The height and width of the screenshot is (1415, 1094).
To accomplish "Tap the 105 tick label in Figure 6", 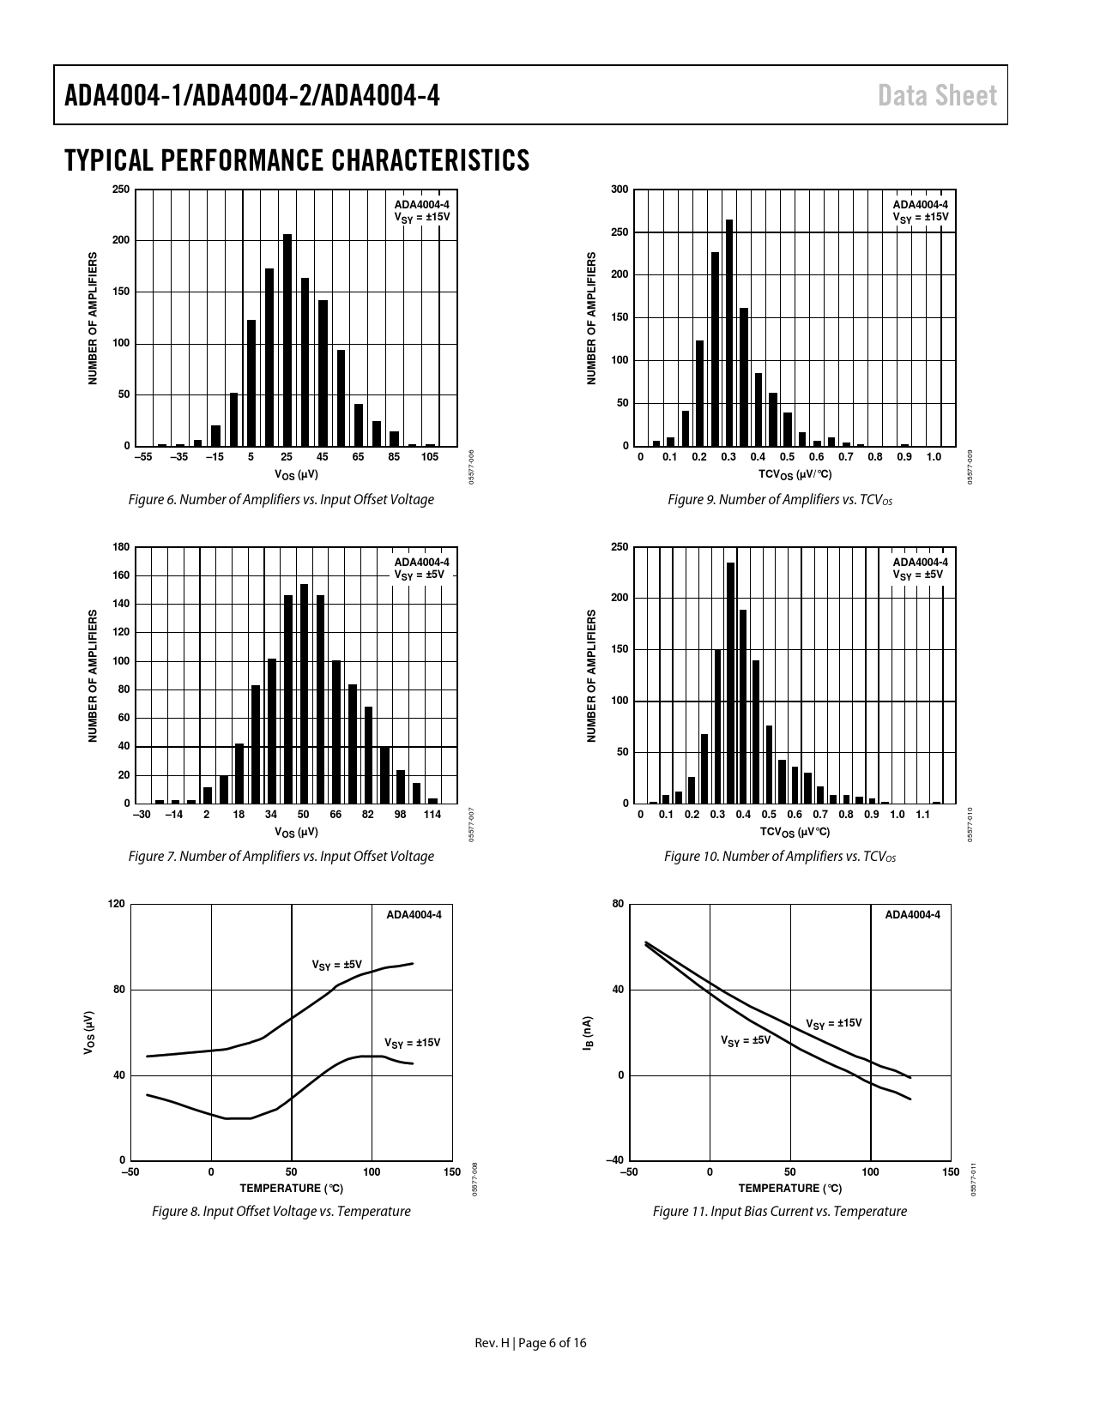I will tap(429, 457).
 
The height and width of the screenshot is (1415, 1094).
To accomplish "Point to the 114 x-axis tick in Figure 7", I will tap(432, 815).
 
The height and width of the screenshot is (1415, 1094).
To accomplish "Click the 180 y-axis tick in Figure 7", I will tap(121, 547).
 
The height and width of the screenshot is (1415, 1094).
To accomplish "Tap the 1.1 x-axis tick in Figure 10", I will tap(922, 815).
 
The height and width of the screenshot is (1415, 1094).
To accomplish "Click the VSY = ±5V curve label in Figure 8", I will tap(337, 965).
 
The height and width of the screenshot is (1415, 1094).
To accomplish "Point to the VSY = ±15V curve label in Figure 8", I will tap(412, 1043).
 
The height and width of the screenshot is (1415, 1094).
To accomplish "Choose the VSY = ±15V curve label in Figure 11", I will tap(833, 1023).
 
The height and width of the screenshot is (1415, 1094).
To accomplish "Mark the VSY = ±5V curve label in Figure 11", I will tap(746, 1040).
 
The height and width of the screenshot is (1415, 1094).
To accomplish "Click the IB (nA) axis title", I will tap(587, 1033).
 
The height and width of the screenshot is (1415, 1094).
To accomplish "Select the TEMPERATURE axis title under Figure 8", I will tap(291, 1189).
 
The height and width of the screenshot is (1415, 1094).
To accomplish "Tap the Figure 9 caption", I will tap(779, 500).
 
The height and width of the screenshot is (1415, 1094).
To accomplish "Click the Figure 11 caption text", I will tap(779, 1211).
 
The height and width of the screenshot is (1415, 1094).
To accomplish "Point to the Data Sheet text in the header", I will tap(937, 95).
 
